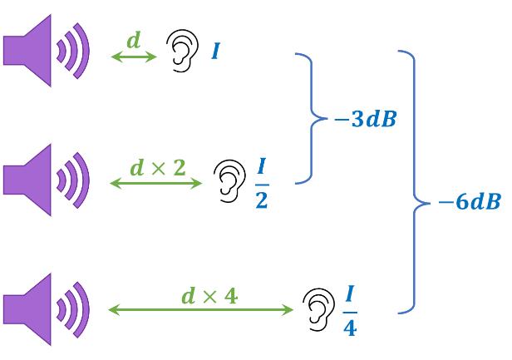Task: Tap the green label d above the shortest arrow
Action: click(x=133, y=40)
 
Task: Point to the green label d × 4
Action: click(x=209, y=296)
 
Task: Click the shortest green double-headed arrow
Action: click(x=133, y=57)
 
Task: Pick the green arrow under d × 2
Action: click(x=155, y=183)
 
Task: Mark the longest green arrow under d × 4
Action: click(x=200, y=310)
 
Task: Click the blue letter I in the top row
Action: click(x=215, y=52)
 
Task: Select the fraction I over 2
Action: click(x=262, y=184)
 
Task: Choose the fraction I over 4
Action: click(x=350, y=311)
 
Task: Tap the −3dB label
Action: click(x=366, y=120)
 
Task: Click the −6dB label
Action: click(x=470, y=201)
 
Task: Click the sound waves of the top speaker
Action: click(x=73, y=51)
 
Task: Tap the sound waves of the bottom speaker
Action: click(x=73, y=308)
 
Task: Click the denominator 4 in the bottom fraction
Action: click(x=350, y=328)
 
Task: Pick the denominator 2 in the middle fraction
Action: click(x=262, y=200)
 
